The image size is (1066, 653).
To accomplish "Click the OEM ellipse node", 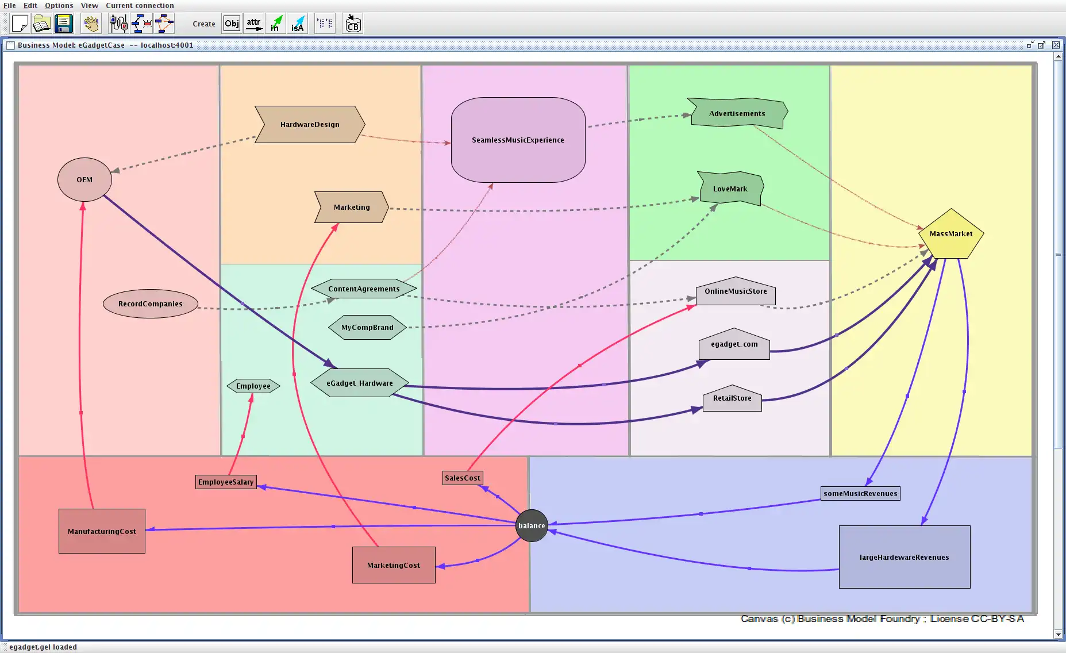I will [x=84, y=180].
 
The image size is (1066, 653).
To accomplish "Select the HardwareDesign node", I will [x=310, y=125].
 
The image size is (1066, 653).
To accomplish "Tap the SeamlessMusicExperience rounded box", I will [x=518, y=140].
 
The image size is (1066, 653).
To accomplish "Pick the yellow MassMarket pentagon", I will [x=951, y=235].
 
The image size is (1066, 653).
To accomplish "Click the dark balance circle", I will [x=532, y=526].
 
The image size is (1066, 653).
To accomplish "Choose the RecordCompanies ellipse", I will [x=150, y=304].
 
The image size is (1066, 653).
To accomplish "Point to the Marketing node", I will [x=352, y=208].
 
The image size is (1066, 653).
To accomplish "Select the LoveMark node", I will [x=730, y=189].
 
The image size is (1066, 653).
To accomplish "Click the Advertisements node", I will [x=737, y=114].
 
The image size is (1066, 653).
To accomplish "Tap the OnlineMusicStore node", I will [x=736, y=292].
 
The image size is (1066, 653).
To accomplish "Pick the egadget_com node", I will [x=734, y=345].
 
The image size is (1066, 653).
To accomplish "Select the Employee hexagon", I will [x=253, y=386].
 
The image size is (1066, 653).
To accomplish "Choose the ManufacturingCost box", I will [x=102, y=532].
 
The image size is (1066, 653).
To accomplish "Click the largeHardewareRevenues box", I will [x=904, y=558].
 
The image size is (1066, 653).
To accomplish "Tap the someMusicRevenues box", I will [x=860, y=494].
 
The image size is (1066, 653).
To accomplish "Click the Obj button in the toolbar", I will [x=232, y=24].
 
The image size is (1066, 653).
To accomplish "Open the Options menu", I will [x=59, y=6].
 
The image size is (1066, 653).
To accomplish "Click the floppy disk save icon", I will [x=63, y=24].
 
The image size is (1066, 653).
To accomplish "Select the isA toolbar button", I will [x=297, y=24].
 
